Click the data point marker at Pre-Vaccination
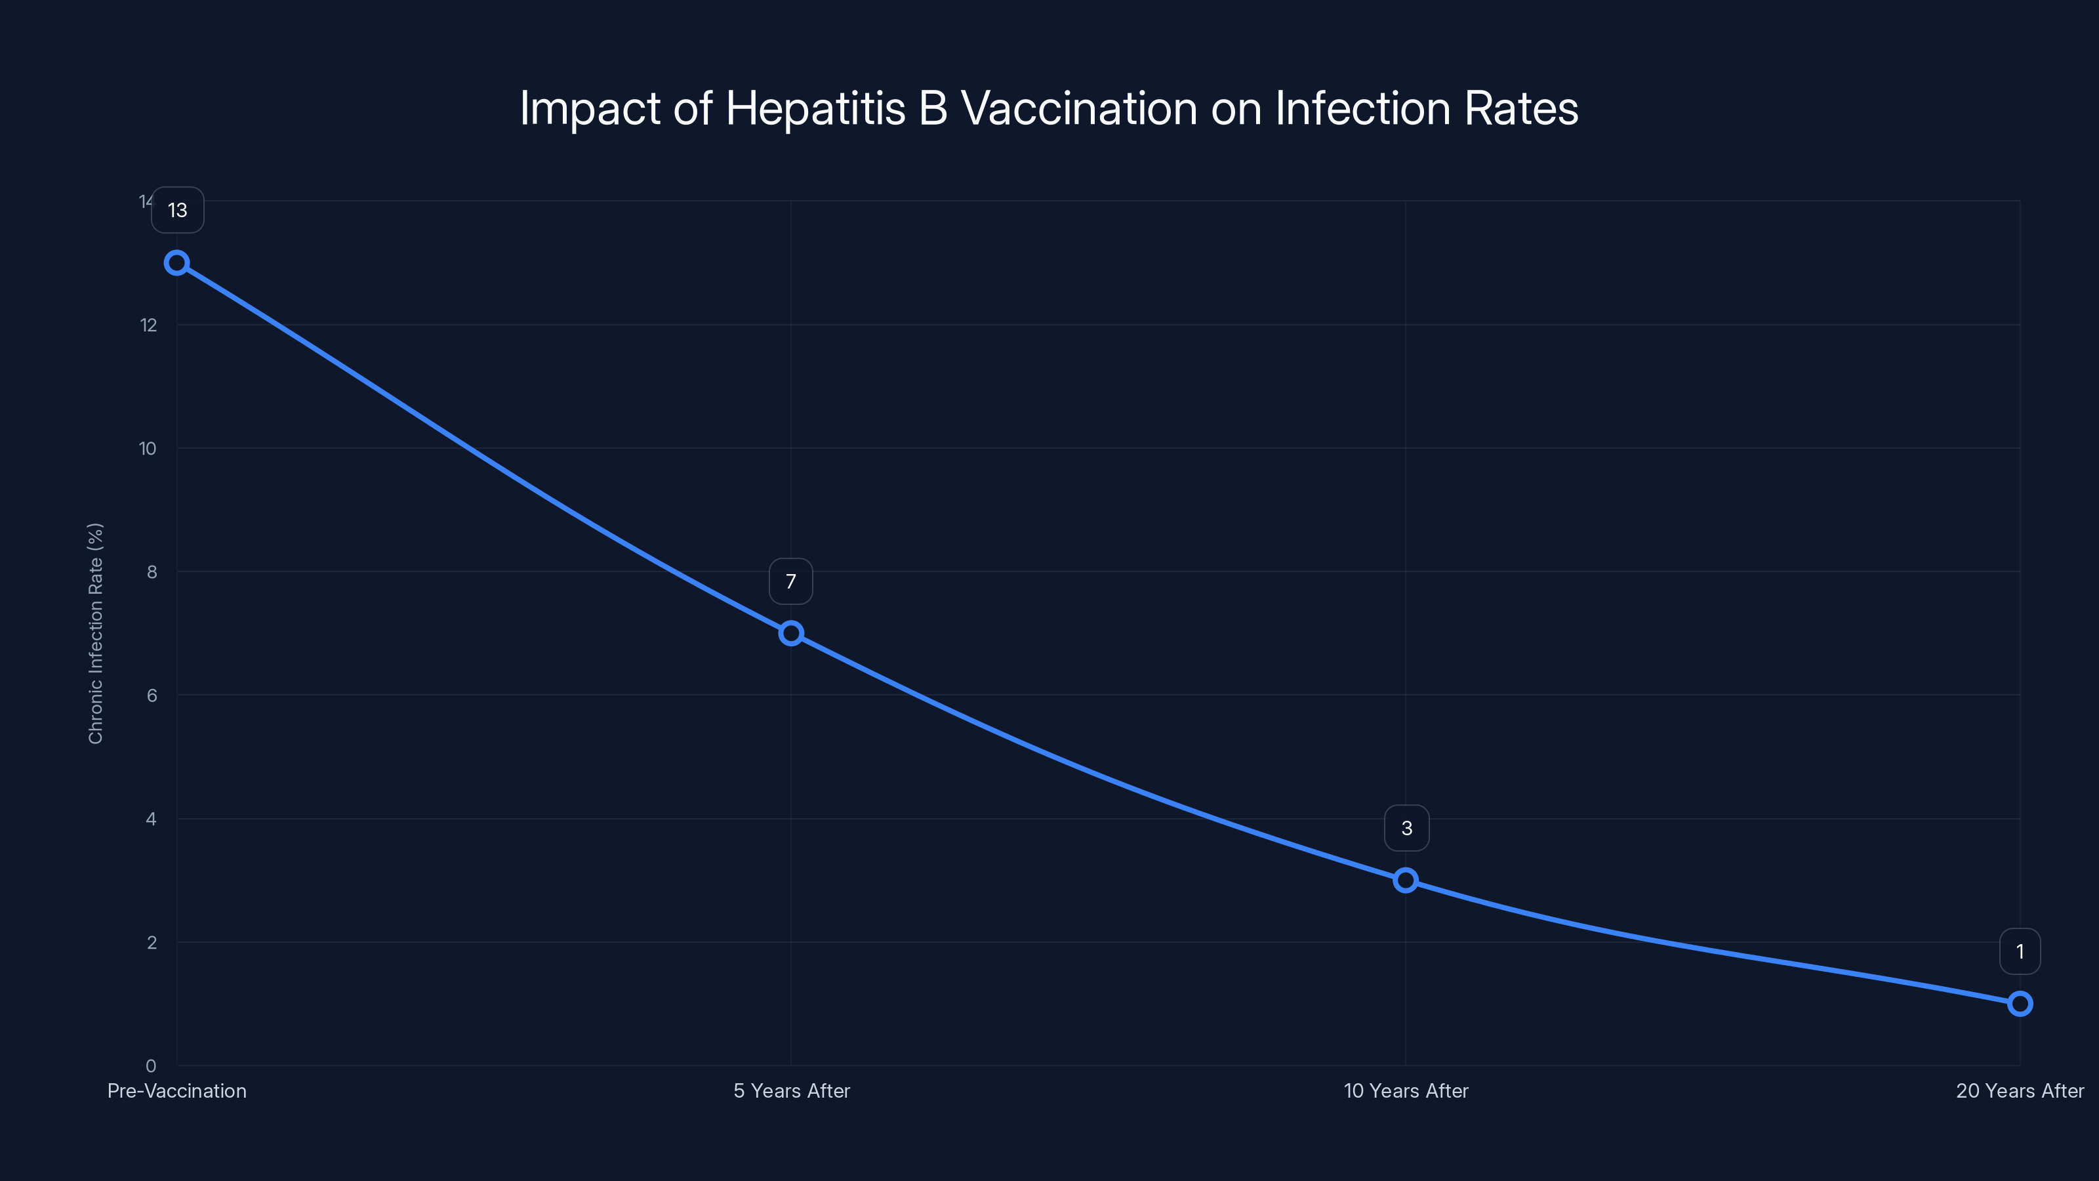click(177, 262)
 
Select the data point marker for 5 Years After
click(790, 633)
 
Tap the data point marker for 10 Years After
click(1405, 881)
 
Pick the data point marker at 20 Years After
click(2019, 1003)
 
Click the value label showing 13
click(178, 210)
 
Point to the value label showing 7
click(790, 581)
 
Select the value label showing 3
click(1406, 828)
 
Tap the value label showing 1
click(2019, 951)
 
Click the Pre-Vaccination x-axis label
click(177, 1090)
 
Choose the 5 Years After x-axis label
click(791, 1090)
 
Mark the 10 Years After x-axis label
click(1406, 1090)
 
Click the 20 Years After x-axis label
click(2019, 1090)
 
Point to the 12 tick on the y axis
click(148, 325)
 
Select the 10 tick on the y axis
click(148, 448)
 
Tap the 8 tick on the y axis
click(152, 572)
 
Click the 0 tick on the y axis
click(151, 1066)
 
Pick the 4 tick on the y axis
click(151, 819)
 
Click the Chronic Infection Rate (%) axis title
click(95, 633)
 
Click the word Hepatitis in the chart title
click(815, 108)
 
